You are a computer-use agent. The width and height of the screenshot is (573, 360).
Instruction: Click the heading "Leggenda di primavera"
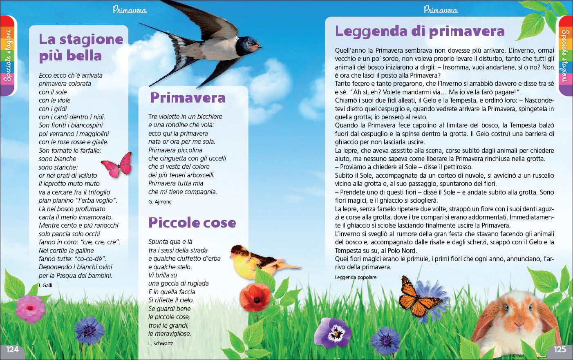click(x=420, y=31)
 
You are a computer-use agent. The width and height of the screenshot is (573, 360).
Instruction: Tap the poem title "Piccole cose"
click(x=192, y=223)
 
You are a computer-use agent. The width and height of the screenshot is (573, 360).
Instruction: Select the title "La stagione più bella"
click(x=81, y=47)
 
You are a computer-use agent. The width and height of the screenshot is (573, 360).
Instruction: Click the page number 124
click(x=12, y=349)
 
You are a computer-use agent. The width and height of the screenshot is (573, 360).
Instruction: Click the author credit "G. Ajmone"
click(x=160, y=202)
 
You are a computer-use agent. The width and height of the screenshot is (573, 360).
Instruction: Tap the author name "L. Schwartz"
click(x=161, y=343)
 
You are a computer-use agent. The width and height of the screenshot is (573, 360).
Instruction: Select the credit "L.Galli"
click(x=45, y=285)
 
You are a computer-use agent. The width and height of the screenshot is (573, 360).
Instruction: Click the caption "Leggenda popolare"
click(x=356, y=277)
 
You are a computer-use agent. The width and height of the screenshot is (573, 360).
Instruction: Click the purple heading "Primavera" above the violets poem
click(x=188, y=98)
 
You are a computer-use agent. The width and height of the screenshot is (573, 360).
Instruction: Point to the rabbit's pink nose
click(x=519, y=325)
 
